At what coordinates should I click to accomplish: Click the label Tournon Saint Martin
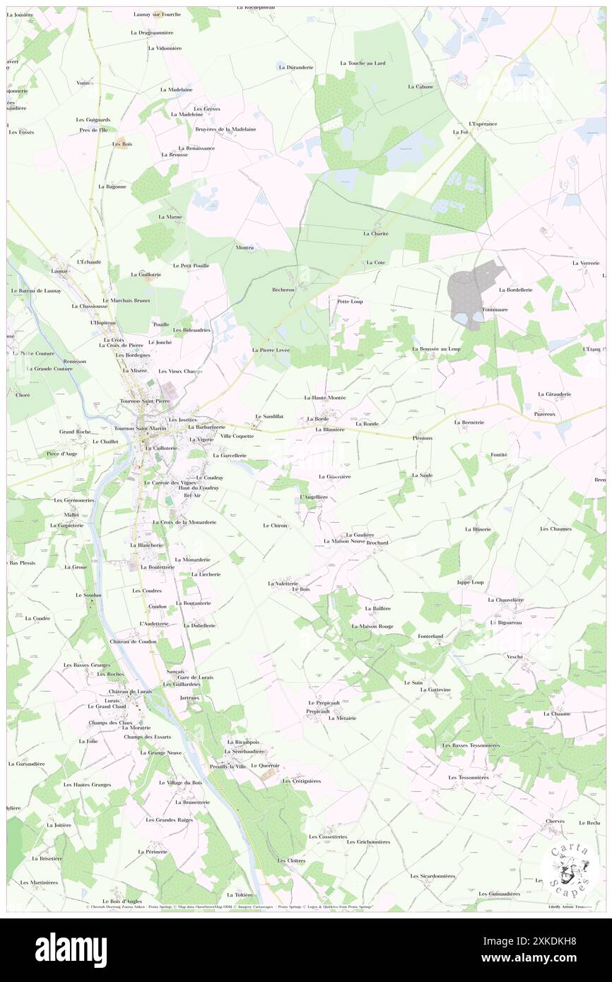coord(140,428)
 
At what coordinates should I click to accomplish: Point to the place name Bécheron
coord(283,290)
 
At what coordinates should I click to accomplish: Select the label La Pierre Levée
coord(271,350)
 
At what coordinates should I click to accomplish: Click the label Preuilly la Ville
coord(228,767)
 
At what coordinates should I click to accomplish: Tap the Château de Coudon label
coord(133,641)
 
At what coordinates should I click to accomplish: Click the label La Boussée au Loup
coord(436,348)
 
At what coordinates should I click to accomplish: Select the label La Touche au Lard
coord(363,63)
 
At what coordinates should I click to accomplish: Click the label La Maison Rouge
coord(372,627)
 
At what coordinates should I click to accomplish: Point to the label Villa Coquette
coord(237,436)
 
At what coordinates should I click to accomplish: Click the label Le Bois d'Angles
coord(122,901)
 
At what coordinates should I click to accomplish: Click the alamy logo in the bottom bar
coord(71,950)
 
